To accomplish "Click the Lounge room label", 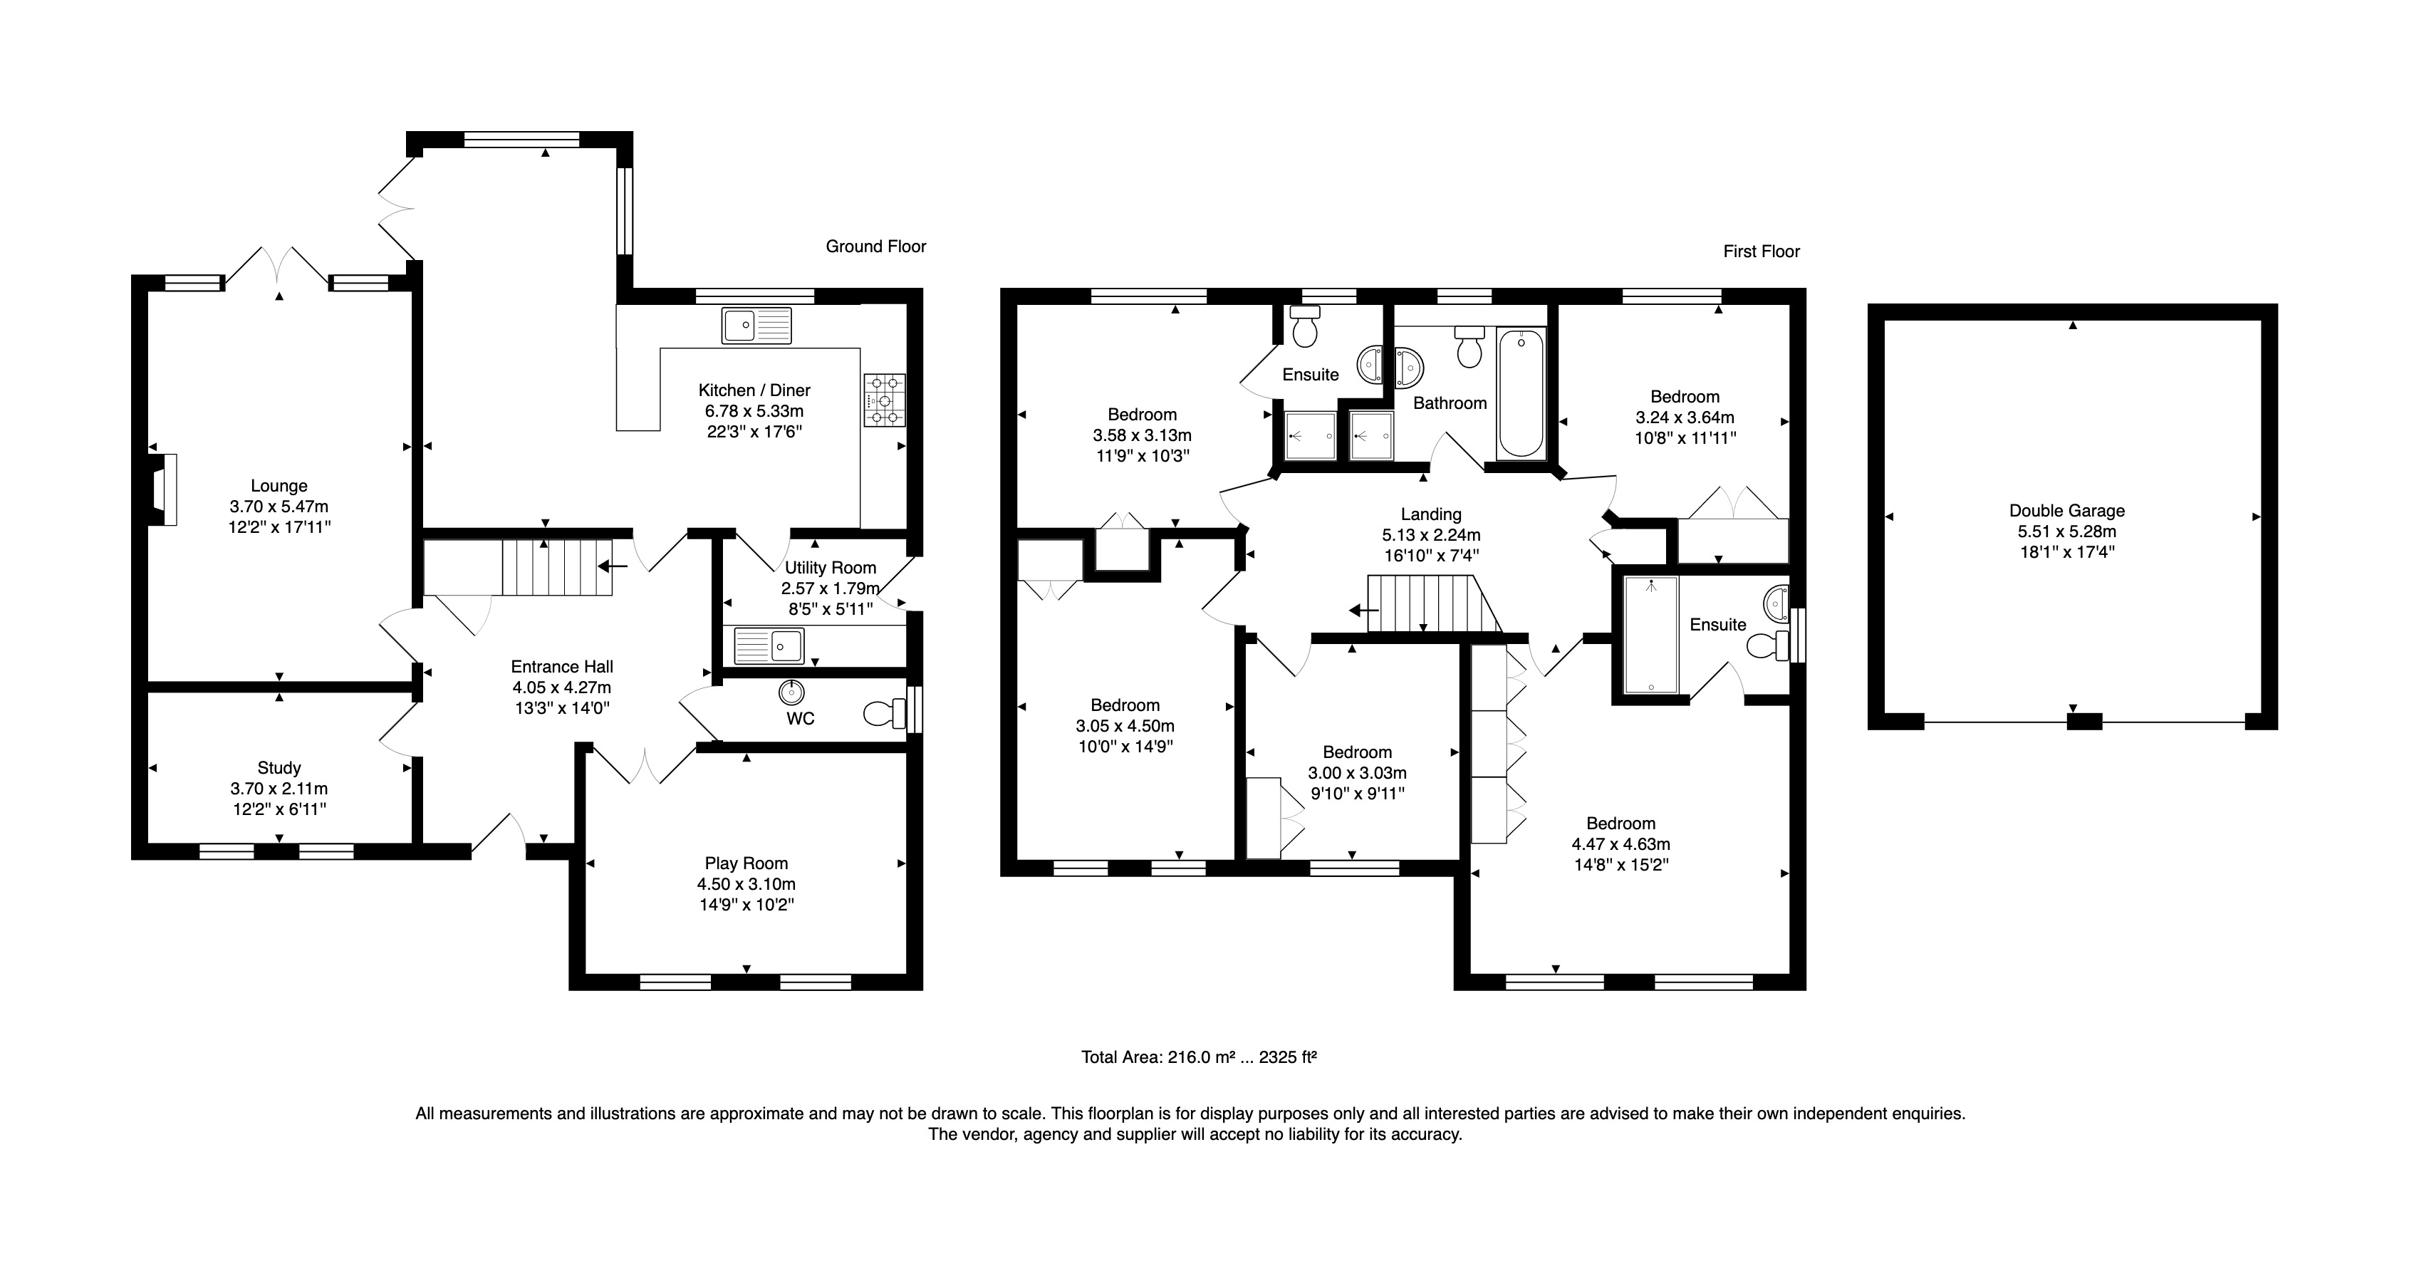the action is click(x=279, y=485).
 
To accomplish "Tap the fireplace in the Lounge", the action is click(x=162, y=489).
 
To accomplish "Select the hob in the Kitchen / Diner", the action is click(x=885, y=400).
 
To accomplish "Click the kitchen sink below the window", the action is click(x=756, y=326).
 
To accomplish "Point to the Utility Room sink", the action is click(x=769, y=645).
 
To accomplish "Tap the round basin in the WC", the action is click(x=792, y=692).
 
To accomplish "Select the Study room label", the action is click(x=279, y=768).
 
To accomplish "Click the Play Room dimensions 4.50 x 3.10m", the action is click(x=746, y=884).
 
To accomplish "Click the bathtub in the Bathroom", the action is click(x=1521, y=393).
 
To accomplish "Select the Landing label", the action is click(x=1431, y=514).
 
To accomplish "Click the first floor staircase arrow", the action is click(x=1363, y=611).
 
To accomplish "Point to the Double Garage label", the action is click(x=2066, y=511).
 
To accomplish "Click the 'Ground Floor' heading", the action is click(x=875, y=246).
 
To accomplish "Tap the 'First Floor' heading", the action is click(x=1762, y=251).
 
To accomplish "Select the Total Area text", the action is click(x=1199, y=1057).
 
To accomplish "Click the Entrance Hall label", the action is click(x=562, y=666).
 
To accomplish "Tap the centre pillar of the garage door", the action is click(x=2083, y=721).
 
